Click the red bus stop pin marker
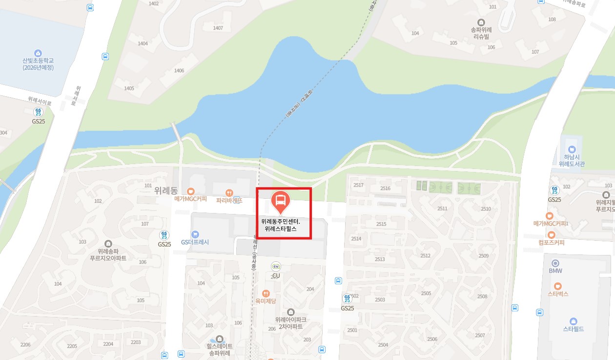click(x=281, y=201)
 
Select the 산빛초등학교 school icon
click(x=38, y=53)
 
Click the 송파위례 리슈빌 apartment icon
click(x=481, y=22)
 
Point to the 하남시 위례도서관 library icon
click(x=571, y=148)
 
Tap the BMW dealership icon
click(x=555, y=263)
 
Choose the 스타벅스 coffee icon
click(x=558, y=286)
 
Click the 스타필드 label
click(x=573, y=329)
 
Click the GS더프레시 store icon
click(x=195, y=234)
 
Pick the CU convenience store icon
click(x=276, y=266)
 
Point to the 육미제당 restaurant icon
click(x=266, y=294)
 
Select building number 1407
click(x=218, y=28)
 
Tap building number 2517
click(x=358, y=185)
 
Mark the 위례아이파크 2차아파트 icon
click(x=291, y=312)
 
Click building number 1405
click(x=129, y=88)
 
